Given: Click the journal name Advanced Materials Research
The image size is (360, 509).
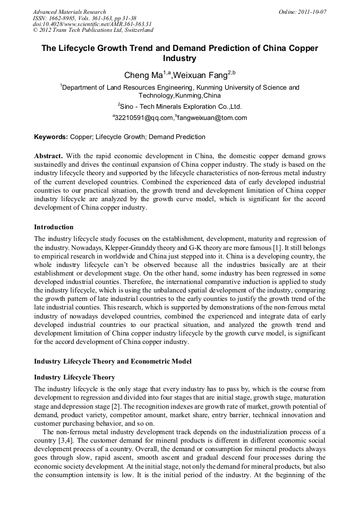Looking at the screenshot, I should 69,12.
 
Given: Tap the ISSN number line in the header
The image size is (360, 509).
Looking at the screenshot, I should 84,18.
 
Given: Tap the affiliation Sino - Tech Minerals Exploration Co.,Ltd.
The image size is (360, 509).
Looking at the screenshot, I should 181,106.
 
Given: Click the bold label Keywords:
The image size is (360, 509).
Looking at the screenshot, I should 51,137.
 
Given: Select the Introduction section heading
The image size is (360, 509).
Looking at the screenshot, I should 54,227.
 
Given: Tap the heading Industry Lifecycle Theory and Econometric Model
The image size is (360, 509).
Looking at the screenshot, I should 113,361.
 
